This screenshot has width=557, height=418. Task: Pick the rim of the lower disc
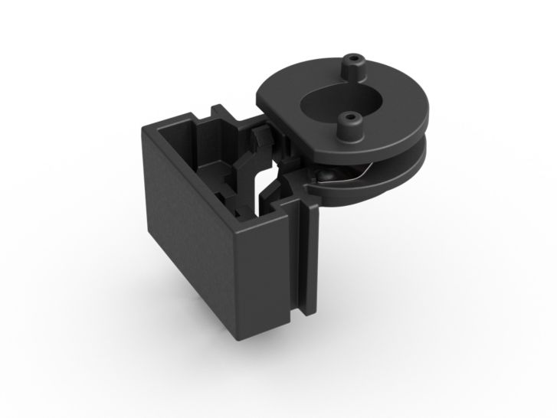coord(406,172)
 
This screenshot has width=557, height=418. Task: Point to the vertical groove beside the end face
coord(300,260)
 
